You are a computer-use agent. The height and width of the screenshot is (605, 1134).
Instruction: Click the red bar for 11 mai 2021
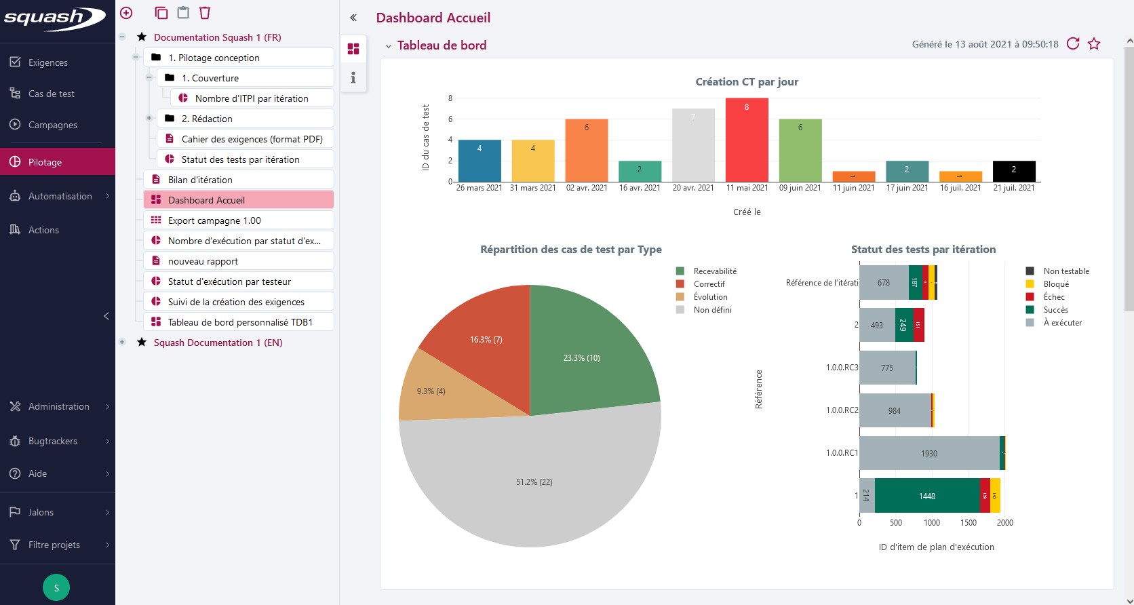pos(747,140)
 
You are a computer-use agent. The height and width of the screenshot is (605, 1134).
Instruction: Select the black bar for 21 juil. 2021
pos(1014,171)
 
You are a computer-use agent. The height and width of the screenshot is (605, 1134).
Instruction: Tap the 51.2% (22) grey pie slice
pos(534,482)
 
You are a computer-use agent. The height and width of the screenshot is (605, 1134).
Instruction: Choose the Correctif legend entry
pos(709,284)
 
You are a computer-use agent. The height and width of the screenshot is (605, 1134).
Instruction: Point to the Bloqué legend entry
pos(1055,284)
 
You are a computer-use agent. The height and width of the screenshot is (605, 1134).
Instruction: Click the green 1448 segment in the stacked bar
pos(926,496)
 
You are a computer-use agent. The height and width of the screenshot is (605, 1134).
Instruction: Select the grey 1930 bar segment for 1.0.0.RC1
pos(928,453)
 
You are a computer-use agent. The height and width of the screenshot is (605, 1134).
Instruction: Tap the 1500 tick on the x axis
pos(969,523)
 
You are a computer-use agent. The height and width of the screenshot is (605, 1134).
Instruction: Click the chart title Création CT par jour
pos(747,82)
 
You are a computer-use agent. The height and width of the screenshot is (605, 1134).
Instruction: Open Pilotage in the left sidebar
pos(45,162)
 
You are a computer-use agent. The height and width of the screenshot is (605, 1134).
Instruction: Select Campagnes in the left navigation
pos(52,125)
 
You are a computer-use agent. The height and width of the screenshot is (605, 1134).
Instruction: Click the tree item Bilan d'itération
pos(200,180)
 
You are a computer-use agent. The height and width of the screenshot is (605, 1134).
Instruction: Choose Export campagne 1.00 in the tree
pos(214,220)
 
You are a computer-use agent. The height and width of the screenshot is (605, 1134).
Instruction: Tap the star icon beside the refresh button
pos(1094,44)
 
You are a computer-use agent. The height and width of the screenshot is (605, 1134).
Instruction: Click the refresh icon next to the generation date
pos(1073,44)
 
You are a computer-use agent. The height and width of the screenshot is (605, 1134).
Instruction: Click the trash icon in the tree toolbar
pos(205,13)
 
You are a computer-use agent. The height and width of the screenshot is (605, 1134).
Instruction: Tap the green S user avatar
pos(56,587)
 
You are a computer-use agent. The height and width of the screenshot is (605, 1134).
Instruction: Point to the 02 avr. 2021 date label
pos(587,188)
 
